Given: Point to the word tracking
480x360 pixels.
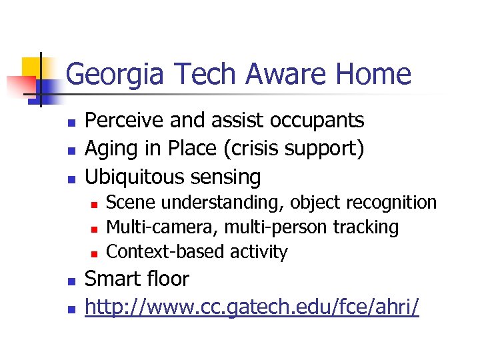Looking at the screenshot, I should coord(366,227).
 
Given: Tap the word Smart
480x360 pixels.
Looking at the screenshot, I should coord(111,279).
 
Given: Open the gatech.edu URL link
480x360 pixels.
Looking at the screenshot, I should coord(252,307).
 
